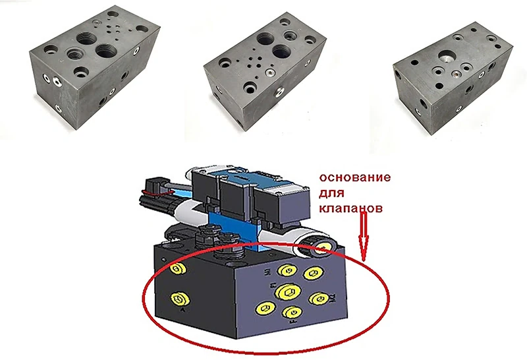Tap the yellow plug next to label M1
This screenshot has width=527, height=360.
click(286, 269)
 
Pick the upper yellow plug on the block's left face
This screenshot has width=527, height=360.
click(176, 269)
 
